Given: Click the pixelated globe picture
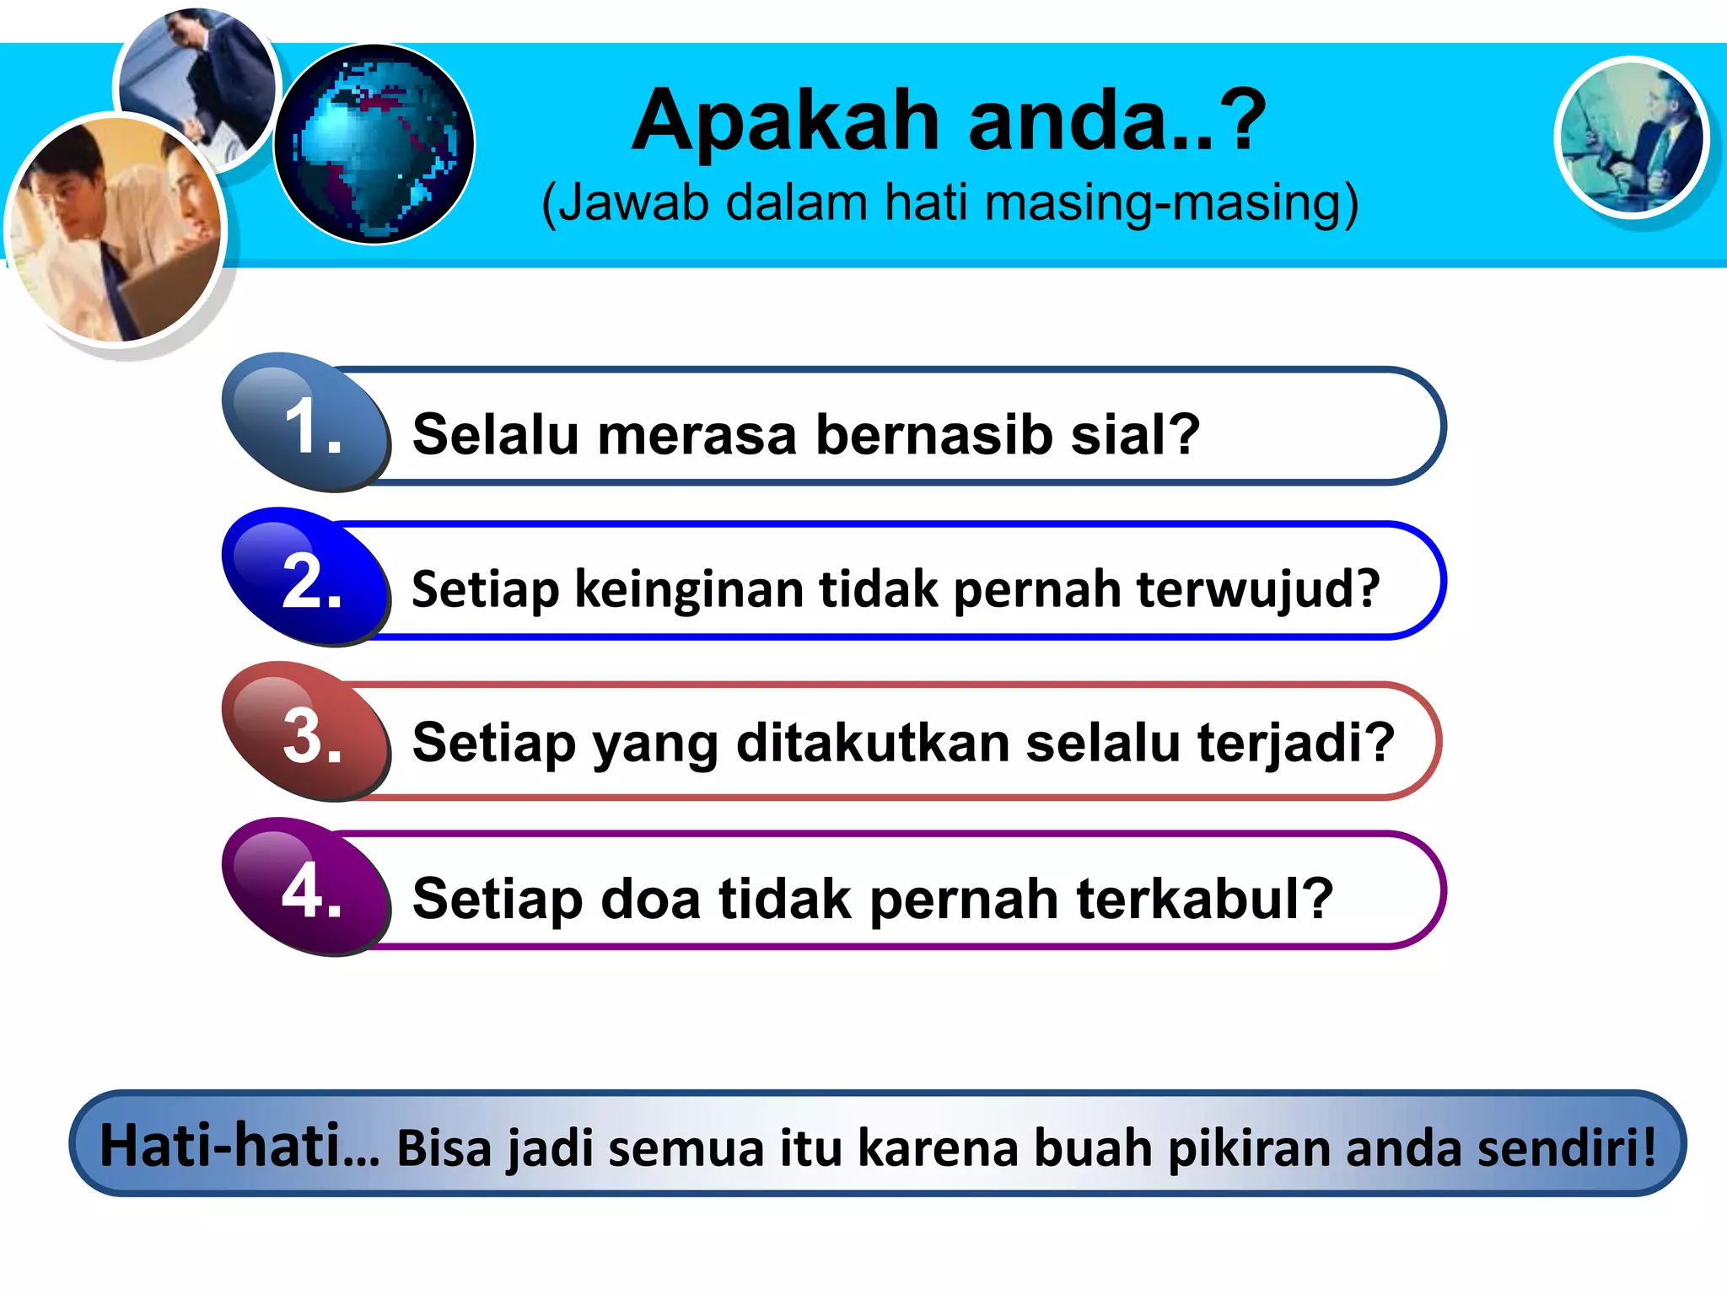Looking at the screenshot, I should point(374,144).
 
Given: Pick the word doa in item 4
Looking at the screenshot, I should point(650,899).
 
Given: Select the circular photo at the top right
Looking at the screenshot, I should point(1632,138).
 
